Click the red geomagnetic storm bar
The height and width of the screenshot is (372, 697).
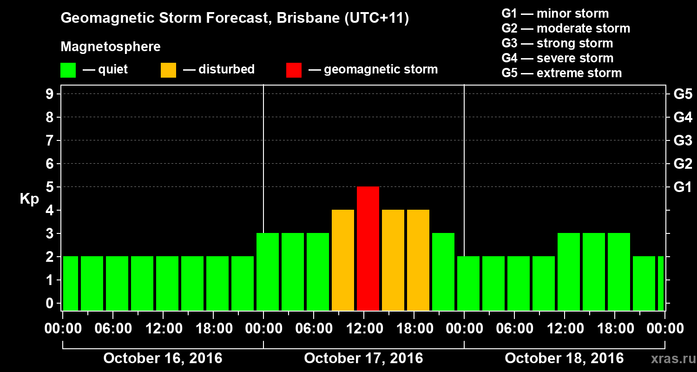point(368,248)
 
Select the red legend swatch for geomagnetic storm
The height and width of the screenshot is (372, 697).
point(294,70)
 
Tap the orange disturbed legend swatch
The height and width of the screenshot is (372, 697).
point(168,70)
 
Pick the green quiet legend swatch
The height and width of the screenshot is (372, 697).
point(68,70)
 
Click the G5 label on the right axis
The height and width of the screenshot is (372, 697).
point(683,94)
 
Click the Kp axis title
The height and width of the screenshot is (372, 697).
point(29,199)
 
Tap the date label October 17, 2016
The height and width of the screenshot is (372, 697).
point(363,359)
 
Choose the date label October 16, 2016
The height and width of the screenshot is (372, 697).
point(163,359)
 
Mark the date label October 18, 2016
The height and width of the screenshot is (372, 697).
point(564,359)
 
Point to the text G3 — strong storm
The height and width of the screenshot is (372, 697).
point(557,43)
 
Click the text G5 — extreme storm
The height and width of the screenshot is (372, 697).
point(561,73)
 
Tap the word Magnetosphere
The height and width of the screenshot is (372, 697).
point(111,47)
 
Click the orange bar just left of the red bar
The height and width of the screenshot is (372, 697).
point(343,260)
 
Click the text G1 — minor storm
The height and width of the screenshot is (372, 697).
point(555,13)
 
